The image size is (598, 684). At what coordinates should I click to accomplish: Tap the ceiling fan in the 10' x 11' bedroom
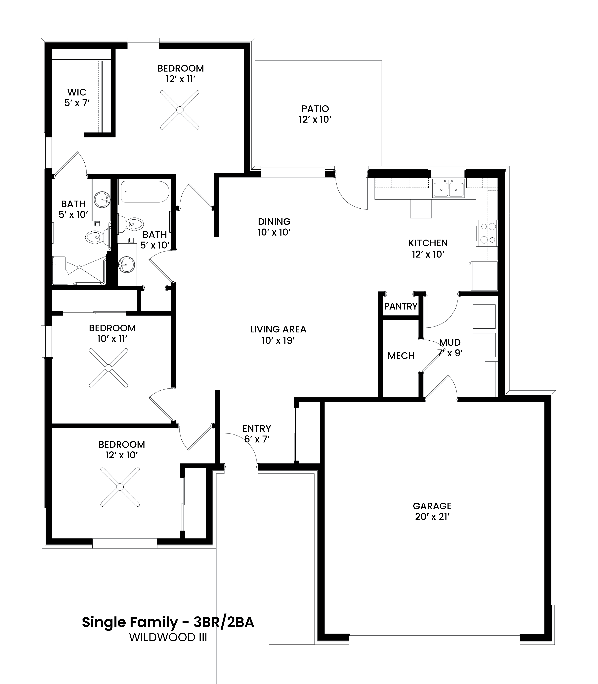tap(108, 368)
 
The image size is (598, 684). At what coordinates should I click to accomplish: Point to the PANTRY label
tap(401, 306)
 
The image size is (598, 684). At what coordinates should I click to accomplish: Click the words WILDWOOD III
tap(168, 638)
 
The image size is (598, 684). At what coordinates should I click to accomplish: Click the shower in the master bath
tap(79, 270)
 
